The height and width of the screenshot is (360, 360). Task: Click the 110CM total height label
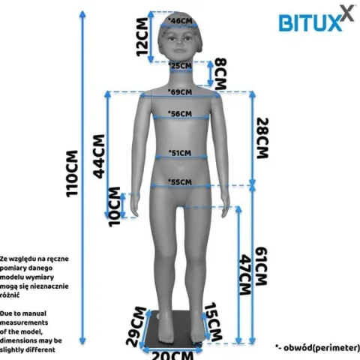coord(72,173)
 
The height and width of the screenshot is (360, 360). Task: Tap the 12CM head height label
coord(142,37)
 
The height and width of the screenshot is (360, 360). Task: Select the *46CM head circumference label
coord(180,21)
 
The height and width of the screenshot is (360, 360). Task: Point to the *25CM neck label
coord(180,66)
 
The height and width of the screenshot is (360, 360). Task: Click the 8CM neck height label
coord(221,74)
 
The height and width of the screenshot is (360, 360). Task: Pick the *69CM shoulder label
coord(180,92)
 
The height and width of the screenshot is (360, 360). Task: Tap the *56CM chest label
coord(180,114)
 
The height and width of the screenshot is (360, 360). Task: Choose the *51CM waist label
coord(180,153)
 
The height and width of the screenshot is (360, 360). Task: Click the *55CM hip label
coord(180,182)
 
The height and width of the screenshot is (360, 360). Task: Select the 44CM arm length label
coord(99,157)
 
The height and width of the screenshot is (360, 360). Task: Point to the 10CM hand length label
coord(115,207)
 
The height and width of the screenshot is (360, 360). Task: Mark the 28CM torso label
coord(262,138)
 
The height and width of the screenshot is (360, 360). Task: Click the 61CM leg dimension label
coord(262,266)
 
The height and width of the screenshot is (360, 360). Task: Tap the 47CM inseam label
coord(245,275)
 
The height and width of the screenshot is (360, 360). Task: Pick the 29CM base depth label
coord(136,326)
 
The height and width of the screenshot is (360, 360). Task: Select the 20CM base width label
coord(172,355)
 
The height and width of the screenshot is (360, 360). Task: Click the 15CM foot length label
coord(213,322)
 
